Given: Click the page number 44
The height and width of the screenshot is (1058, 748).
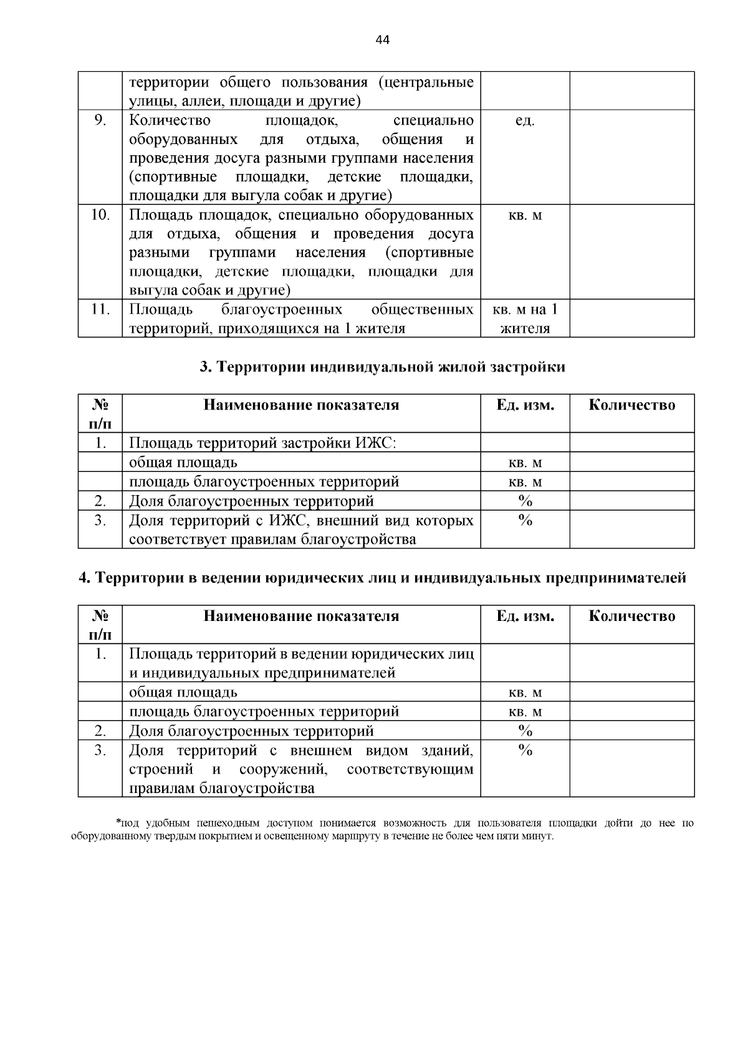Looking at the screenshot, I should click(383, 41).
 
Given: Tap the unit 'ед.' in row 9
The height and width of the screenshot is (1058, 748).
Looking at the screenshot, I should click(525, 121).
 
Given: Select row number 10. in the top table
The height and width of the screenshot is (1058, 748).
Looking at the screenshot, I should click(100, 216).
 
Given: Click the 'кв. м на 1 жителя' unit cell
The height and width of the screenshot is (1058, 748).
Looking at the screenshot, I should click(525, 319).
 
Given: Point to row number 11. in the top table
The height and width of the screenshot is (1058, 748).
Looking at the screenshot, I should click(100, 310).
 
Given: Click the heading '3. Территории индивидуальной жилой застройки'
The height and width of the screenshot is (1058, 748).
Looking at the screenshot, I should click(382, 367).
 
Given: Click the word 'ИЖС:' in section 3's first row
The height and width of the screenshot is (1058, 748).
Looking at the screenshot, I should click(376, 443).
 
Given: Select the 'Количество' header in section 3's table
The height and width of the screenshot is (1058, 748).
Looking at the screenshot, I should click(631, 405).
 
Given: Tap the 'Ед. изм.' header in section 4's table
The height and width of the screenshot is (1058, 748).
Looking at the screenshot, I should click(525, 617).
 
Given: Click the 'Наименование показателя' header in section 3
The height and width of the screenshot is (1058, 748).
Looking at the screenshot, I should click(301, 405).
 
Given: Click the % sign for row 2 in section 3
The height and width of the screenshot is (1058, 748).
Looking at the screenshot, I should click(525, 501).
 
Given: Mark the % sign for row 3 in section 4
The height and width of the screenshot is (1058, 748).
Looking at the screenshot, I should click(525, 751).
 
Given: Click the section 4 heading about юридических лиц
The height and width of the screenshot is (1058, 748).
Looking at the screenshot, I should click(382, 579).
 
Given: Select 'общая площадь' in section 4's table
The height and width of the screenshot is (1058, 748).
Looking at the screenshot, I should click(183, 693).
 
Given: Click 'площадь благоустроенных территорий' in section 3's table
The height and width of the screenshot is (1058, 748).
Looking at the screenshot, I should click(264, 482).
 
